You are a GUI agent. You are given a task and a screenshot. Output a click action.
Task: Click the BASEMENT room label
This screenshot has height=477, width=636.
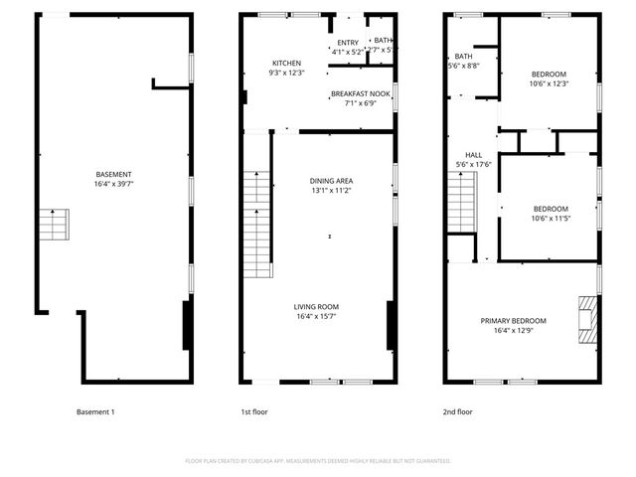114,174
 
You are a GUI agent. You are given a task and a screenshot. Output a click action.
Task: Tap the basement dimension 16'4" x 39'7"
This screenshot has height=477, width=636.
114,183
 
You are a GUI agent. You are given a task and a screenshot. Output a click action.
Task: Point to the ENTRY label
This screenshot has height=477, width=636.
347,42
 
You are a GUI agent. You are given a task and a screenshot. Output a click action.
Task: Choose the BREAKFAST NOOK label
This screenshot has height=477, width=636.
362,93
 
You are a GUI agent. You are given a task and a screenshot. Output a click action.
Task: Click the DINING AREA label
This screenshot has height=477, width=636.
331,180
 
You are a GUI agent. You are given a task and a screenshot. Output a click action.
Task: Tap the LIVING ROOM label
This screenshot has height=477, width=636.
316,306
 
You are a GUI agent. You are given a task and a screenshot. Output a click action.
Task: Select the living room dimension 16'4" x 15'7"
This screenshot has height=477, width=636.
316,316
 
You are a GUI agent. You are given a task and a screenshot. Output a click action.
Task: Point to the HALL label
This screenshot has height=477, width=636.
474,155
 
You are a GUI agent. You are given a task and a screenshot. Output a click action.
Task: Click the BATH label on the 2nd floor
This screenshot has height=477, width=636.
463,57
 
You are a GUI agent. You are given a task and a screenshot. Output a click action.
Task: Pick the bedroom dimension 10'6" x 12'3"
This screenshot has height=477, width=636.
549,83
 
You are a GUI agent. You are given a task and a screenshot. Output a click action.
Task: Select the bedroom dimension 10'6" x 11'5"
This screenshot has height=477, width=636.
549,218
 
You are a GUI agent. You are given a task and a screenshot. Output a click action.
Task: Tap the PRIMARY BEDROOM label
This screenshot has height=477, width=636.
513,320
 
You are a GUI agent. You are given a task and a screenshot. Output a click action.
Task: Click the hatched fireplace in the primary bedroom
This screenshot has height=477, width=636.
588,319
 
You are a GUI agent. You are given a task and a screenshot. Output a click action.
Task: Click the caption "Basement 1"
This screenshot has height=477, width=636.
95,411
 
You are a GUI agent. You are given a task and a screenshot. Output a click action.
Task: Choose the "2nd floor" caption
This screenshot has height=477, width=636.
457,411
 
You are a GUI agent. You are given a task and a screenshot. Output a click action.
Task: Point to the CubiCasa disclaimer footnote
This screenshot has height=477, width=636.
318,461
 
